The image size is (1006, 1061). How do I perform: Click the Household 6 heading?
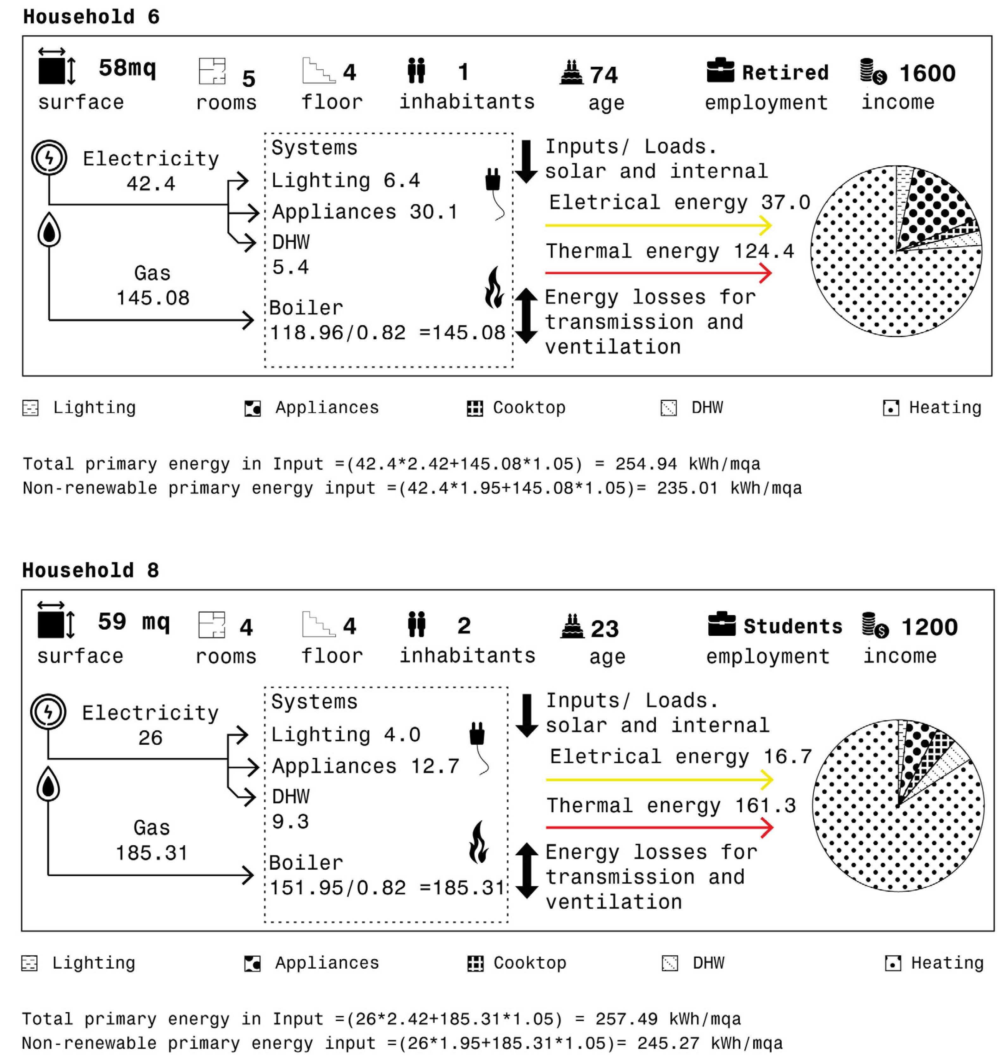[91, 17]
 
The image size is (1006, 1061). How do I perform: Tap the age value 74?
[604, 75]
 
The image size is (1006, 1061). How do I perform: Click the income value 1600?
[927, 73]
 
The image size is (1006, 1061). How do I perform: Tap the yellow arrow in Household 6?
[659, 225]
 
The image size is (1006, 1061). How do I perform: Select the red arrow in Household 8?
[660, 827]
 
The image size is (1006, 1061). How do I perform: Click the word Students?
[792, 626]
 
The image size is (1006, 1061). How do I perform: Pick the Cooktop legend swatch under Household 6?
[475, 409]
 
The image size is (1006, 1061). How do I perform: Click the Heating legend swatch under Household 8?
[892, 963]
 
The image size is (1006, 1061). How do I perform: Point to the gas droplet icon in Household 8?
[48, 784]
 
